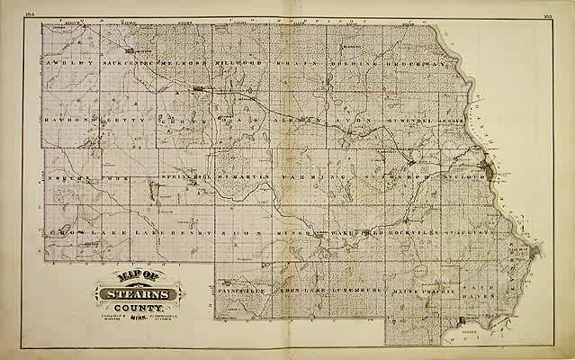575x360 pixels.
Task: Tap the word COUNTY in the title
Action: pyautogui.click(x=134, y=308)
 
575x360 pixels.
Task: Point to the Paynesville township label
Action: pyautogui.click(x=240, y=289)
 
